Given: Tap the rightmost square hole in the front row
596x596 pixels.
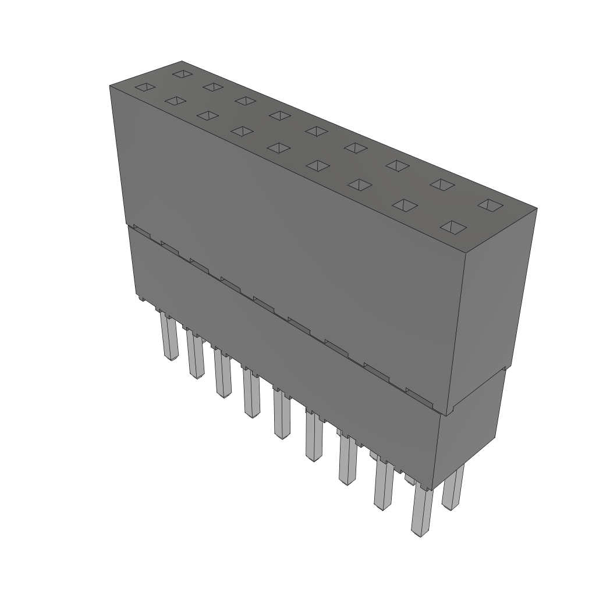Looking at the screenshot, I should (454, 227).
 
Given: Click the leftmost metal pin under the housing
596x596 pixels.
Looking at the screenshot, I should (169, 338).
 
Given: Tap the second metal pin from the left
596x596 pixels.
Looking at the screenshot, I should (194, 355).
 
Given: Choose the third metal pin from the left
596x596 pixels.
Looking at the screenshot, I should (222, 372).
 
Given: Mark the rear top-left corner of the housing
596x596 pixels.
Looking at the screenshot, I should (182, 62).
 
